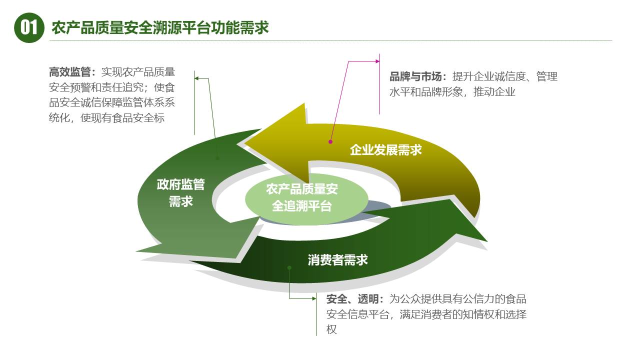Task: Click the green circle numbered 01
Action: tap(29, 27)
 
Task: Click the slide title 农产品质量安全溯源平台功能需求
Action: tap(160, 27)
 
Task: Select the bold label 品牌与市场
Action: tap(415, 77)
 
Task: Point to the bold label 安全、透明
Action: tap(354, 299)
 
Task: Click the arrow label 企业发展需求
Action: tap(385, 149)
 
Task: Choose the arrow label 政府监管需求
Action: tap(180, 193)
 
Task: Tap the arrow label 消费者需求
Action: tap(338, 260)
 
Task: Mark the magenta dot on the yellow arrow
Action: tap(330, 141)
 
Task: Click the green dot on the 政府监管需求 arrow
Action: tap(217, 158)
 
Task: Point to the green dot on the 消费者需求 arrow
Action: tap(289, 267)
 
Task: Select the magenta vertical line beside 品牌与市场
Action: tap(380, 84)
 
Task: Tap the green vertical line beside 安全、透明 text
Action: tap(316, 314)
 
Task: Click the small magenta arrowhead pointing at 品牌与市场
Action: tap(377, 61)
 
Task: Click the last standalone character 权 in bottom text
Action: tap(331, 329)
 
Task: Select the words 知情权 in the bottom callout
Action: tap(474, 314)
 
